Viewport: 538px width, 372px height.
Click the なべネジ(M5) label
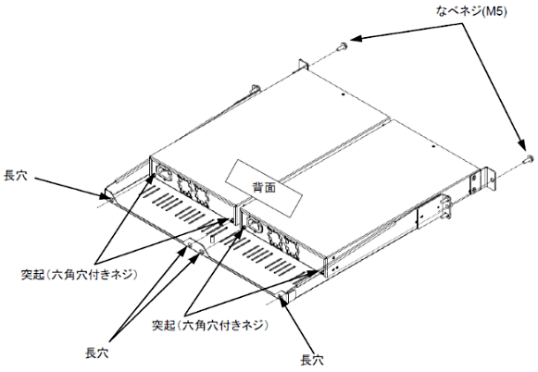coord(471,12)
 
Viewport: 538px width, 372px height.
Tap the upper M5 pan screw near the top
coord(342,46)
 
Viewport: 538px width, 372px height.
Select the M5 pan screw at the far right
coord(528,160)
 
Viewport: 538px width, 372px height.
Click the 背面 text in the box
coord(264,188)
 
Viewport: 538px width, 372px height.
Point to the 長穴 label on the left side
coord(16,176)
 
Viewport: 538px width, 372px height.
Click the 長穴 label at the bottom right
coord(312,360)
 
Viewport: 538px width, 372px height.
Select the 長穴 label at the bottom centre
coord(97,353)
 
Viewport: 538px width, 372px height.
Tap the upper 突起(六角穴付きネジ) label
coord(80,275)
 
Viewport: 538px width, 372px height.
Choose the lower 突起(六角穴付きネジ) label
coord(210,325)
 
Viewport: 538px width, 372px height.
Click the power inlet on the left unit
coord(164,173)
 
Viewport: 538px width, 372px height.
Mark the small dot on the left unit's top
coord(343,94)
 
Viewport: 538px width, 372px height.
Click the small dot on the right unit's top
coord(433,146)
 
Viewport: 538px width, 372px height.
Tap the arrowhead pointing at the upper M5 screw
coord(357,38)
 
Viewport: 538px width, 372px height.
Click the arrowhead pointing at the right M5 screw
coord(522,144)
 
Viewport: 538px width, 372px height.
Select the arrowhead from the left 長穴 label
coord(104,196)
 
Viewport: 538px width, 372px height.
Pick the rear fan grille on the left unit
coord(194,190)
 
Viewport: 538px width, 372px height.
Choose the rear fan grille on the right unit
coord(283,242)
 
